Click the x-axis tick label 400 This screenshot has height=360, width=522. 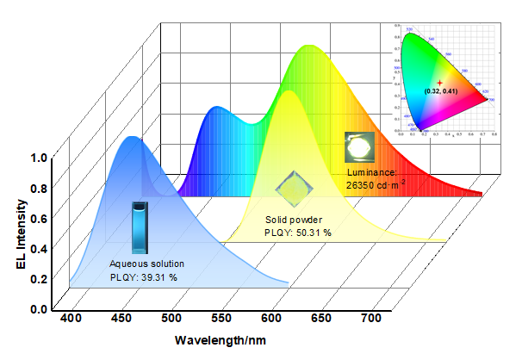tap(73, 320)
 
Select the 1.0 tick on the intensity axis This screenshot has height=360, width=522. tap(38, 158)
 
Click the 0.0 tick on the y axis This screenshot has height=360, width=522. tap(38, 308)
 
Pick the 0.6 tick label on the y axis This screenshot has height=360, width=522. tap(38, 219)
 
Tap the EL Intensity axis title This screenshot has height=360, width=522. tap(19, 234)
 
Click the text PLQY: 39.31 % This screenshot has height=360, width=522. tap(144, 276)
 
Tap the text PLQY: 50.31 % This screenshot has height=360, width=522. tap(298, 233)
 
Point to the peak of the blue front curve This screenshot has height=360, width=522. tap(132, 138)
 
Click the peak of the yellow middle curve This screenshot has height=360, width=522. tap(285, 90)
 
